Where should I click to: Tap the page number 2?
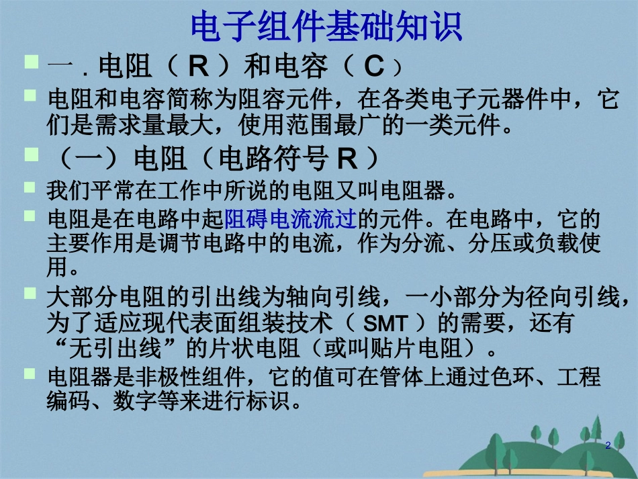[x=608, y=445]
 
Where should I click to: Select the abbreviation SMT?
[x=385, y=324]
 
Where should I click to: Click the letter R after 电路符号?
[x=345, y=159]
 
